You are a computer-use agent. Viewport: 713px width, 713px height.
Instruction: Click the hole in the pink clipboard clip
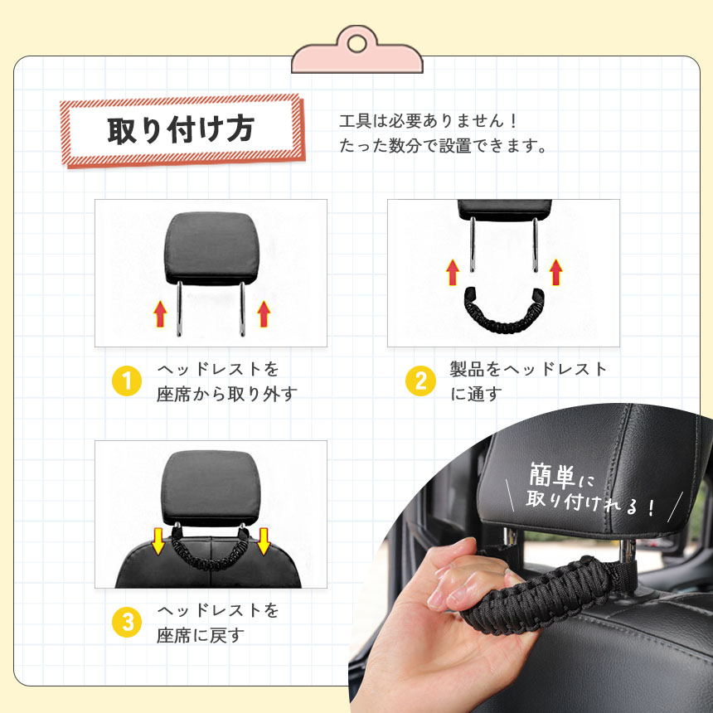click(357, 44)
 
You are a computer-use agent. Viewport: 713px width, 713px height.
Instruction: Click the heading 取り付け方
click(181, 130)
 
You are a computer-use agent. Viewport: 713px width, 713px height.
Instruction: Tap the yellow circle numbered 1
click(127, 381)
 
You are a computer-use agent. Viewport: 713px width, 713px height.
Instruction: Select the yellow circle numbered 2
click(420, 381)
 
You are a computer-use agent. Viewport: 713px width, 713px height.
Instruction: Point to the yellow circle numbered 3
click(127, 622)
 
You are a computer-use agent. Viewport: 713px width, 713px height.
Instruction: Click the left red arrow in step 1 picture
click(160, 313)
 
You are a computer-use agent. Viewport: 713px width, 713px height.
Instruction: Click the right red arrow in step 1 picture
click(264, 313)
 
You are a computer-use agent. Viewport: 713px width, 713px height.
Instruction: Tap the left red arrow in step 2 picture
click(453, 272)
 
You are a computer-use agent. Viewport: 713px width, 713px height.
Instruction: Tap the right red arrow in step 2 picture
click(555, 272)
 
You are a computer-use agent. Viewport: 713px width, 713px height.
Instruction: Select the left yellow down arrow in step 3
click(158, 541)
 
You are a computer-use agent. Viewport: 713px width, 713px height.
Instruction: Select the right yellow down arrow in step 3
click(264, 541)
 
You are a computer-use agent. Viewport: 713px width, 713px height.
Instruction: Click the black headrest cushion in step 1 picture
click(211, 248)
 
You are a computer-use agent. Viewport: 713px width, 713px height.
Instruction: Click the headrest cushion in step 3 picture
click(211, 488)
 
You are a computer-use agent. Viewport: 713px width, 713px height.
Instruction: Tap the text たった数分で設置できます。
click(444, 146)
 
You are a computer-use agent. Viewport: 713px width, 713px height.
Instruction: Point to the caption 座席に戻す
click(201, 635)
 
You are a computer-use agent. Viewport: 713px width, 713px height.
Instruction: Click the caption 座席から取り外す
click(227, 394)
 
